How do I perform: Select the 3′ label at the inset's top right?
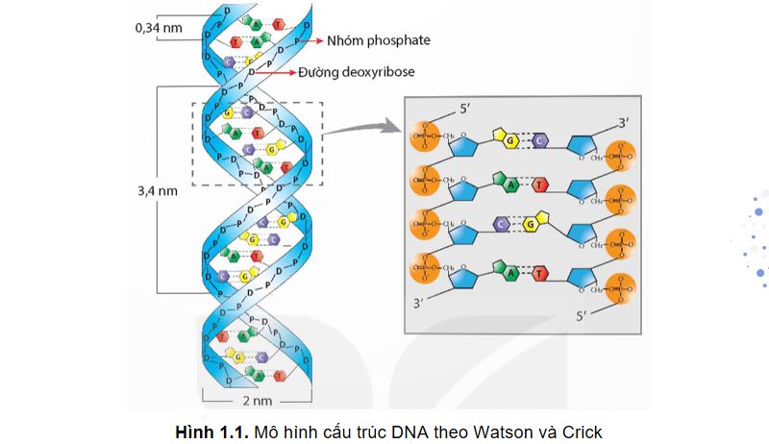(623, 122)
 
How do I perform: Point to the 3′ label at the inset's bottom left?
(417, 304)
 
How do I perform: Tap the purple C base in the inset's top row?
(540, 142)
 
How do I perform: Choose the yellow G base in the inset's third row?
(529, 224)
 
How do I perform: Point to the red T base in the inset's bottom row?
(540, 273)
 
